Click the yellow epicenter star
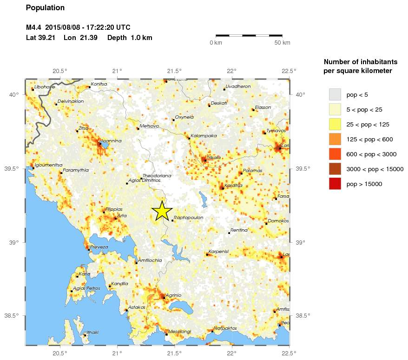click(162, 211)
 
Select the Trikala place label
click(214, 158)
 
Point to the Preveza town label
click(99, 247)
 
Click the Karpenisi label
click(218, 251)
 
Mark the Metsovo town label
click(149, 126)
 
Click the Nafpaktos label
click(225, 328)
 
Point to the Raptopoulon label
click(188, 217)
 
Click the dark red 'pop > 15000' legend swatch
click(335, 184)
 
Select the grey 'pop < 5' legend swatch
click(335, 94)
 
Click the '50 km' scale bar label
click(282, 43)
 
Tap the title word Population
click(46, 8)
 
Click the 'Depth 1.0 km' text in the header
click(130, 38)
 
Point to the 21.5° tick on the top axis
click(174, 71)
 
